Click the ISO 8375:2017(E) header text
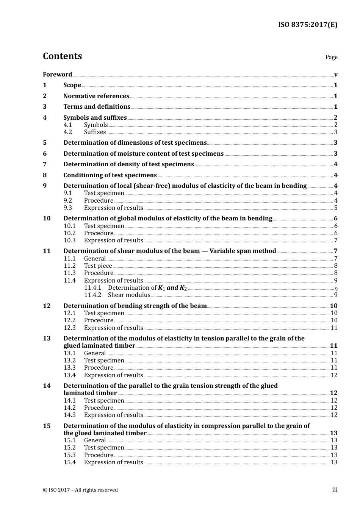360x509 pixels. [307, 25]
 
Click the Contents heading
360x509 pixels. [62, 56]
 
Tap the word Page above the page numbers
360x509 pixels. [331, 57]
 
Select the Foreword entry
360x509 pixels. [57, 75]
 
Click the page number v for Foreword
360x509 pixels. [335, 75]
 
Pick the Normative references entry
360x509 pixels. [96, 96]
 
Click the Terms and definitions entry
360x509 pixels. [97, 107]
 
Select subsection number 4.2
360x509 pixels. [68, 132]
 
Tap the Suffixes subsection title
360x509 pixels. [95, 132]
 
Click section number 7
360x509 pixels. [45, 164]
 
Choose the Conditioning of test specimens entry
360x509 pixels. [110, 175]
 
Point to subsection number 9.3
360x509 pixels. [68, 208]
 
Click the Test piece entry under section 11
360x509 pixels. [98, 266]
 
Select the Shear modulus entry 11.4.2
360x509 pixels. [129, 295]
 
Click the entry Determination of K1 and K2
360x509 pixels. [147, 288]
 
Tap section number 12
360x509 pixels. [47, 306]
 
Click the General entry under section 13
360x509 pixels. [95, 353]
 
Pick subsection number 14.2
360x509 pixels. [69, 408]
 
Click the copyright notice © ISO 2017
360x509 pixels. [80, 490]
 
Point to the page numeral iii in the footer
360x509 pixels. [335, 490]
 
